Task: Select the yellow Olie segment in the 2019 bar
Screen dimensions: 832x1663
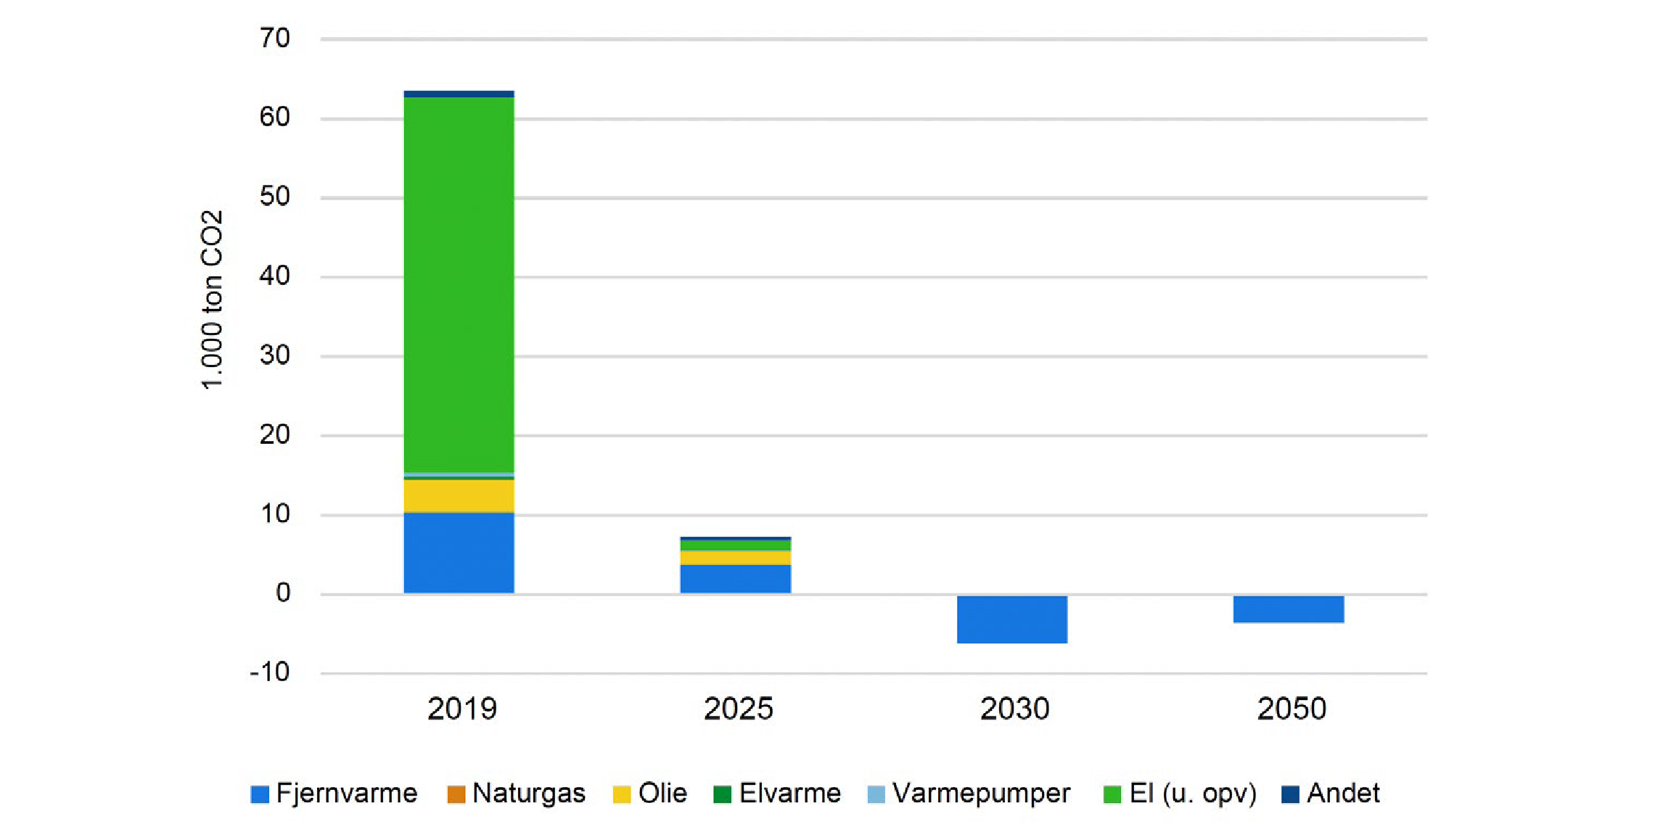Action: [x=459, y=495]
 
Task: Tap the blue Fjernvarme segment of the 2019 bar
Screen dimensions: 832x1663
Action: [x=459, y=553]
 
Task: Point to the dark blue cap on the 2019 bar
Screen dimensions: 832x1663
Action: [x=459, y=94]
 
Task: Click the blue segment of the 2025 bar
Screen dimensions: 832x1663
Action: [x=735, y=579]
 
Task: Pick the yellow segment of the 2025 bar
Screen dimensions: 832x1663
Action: [x=735, y=558]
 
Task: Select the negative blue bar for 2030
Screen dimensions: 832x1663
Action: [x=1011, y=619]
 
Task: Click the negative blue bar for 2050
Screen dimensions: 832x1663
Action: [x=1288, y=609]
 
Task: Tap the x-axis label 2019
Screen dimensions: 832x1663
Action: [x=461, y=709]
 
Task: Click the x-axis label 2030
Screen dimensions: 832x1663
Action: [x=1014, y=709]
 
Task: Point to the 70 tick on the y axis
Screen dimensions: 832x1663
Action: [x=275, y=38]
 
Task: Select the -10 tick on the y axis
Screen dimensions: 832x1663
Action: [x=270, y=672]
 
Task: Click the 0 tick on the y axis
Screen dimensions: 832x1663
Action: [x=283, y=593]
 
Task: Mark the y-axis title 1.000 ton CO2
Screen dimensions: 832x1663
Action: [x=211, y=300]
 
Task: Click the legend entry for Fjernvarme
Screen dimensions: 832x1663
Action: [x=334, y=794]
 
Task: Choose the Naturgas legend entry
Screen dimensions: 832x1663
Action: [x=516, y=794]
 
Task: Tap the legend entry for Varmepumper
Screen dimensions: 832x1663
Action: [x=969, y=794]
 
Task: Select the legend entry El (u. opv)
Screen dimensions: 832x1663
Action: [x=1180, y=794]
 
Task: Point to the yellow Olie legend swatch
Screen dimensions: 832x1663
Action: [x=622, y=794]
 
